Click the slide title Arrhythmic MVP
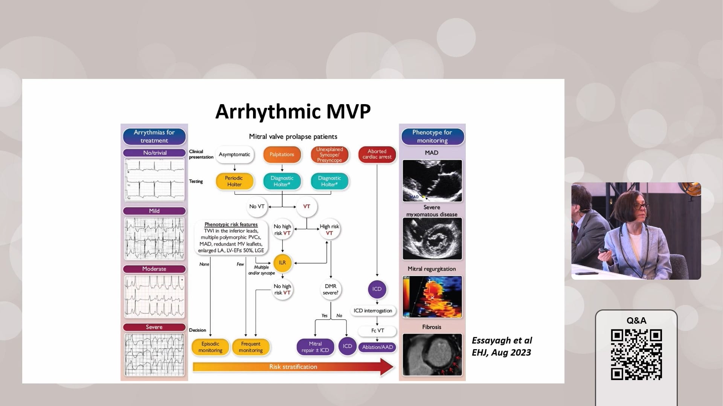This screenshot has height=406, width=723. tap(293, 111)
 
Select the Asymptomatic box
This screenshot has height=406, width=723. tap(234, 155)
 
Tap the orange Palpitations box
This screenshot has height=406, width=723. tap(282, 155)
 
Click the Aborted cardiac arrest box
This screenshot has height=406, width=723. tap(377, 154)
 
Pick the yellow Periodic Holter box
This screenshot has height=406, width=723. tap(234, 181)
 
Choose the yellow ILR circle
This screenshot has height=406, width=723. tap(282, 263)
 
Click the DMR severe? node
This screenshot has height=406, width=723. tap(330, 289)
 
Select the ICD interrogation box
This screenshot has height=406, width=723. tap(373, 311)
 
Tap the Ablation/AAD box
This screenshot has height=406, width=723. tap(377, 347)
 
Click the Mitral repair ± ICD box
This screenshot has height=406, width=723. tap(315, 347)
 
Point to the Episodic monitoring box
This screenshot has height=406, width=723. tap(210, 347)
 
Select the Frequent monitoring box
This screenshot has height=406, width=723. tap(250, 347)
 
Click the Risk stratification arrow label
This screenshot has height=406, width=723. tap(293, 367)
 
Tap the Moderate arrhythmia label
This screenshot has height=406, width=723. tap(154, 269)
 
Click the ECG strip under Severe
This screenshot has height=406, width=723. tap(154, 354)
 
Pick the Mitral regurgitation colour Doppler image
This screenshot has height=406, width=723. tap(432, 297)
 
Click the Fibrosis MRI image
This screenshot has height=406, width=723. tap(432, 354)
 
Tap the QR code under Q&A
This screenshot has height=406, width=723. tap(636, 354)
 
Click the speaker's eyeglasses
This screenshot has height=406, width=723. tap(640, 206)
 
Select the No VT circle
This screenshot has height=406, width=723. tap(257, 206)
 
